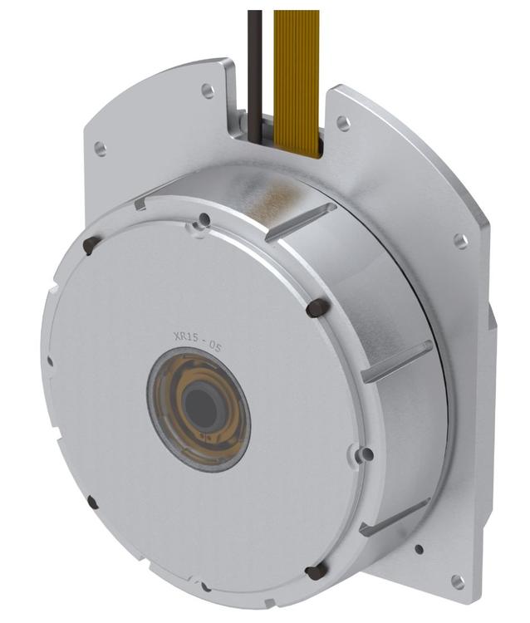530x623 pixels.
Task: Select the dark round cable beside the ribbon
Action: coord(255,58)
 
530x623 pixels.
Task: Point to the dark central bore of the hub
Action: coord(200,407)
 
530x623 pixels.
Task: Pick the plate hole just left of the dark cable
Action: coord(207,91)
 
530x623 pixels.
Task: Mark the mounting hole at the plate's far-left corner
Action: coord(100,149)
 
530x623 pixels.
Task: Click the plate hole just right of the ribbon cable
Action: coord(342,123)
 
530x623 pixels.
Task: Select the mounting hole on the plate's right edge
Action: coord(460,241)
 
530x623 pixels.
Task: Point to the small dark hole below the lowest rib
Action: coord(419,549)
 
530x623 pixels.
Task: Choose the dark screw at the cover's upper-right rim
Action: coord(315,308)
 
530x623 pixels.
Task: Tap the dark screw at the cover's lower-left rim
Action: coord(91,503)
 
